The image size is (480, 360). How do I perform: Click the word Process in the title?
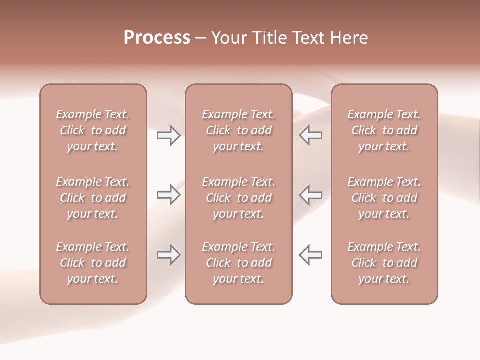tap(157, 38)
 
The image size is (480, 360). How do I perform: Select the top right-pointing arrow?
tap(169, 135)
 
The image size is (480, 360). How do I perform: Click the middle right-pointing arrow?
tap(169, 194)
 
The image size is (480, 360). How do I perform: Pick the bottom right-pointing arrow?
tap(169, 255)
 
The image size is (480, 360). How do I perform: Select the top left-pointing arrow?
tap(310, 135)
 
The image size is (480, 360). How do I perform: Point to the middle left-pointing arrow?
tap(310, 194)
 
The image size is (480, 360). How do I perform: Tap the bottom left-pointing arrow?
tap(310, 255)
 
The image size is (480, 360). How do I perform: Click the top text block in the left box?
tap(93, 130)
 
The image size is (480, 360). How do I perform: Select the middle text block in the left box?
tap(93, 198)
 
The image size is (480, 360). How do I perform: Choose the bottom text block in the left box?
tap(93, 263)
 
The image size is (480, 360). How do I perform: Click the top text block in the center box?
tap(238, 130)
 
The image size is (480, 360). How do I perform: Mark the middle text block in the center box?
tap(238, 198)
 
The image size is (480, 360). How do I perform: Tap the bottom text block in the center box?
tap(238, 263)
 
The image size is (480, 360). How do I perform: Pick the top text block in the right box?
tap(384, 130)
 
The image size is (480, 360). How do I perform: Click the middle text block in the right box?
tap(384, 198)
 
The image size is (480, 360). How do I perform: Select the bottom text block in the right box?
tap(384, 263)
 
